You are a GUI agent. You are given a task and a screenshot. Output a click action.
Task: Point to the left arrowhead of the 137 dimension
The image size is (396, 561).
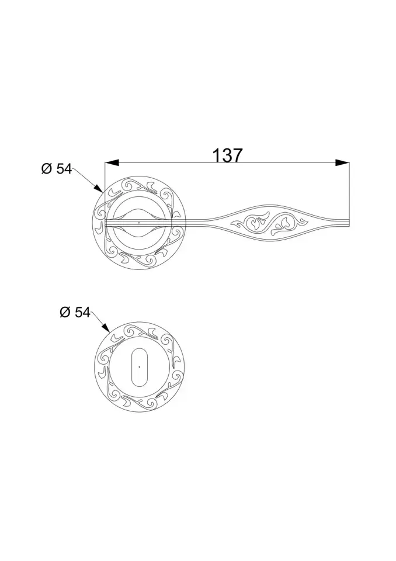(x=111, y=163)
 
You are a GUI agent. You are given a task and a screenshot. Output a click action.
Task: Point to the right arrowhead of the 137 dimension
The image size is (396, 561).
(x=343, y=163)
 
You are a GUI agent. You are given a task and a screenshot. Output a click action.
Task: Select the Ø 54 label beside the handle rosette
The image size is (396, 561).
(x=56, y=169)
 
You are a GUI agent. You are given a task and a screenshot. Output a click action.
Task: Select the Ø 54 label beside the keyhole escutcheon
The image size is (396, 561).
(x=75, y=313)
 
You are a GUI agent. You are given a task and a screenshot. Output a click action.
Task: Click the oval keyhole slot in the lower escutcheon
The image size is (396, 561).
(x=139, y=366)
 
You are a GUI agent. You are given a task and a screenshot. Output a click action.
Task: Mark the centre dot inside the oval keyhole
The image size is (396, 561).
(x=139, y=366)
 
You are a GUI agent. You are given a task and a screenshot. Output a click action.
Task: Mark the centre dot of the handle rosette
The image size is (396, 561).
(x=138, y=223)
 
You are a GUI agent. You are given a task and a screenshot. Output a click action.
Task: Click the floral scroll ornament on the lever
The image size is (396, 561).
(x=269, y=223)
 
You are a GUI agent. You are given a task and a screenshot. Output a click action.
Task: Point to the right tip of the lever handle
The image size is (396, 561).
(x=349, y=222)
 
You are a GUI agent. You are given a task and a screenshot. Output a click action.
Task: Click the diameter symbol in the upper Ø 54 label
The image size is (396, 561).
(x=47, y=169)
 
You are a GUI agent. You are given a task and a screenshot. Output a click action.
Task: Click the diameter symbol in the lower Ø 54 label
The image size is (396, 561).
(x=65, y=313)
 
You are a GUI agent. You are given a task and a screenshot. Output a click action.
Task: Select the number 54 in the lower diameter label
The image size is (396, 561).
(x=82, y=313)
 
